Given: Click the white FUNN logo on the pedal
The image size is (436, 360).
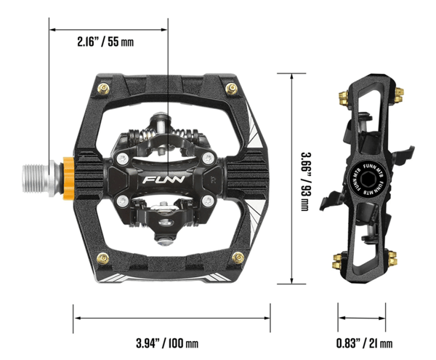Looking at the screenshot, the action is click(163, 180).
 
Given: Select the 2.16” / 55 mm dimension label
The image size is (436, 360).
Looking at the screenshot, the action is click(105, 42).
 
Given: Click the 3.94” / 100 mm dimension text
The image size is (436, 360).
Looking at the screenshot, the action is click(167, 343).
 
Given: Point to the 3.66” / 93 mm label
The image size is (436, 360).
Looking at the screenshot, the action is click(306, 181).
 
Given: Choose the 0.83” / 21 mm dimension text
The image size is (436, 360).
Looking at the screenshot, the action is click(365, 343).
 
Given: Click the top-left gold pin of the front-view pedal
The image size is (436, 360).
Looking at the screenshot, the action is click(103, 89).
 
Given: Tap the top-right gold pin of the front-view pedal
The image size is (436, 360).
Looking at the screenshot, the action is click(232, 89).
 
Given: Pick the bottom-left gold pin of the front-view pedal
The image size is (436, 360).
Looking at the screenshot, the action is click(102, 258).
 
